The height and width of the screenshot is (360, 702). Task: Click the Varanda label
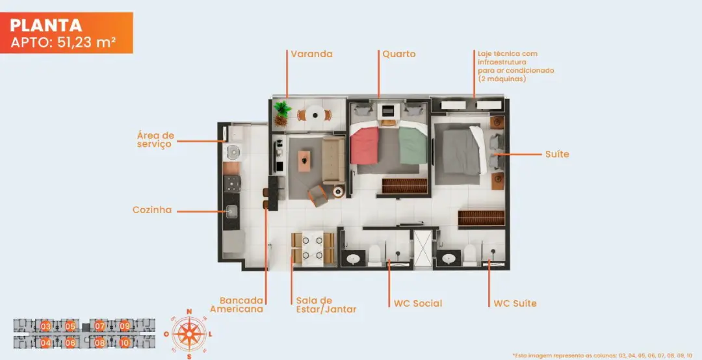(311, 54)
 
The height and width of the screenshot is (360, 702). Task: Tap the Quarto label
(399, 54)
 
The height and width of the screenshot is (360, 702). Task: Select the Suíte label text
(557, 154)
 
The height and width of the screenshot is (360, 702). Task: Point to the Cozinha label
(152, 209)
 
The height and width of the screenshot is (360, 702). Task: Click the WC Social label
(418, 303)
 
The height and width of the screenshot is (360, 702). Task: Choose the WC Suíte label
(515, 303)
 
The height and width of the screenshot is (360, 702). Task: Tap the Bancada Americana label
(237, 305)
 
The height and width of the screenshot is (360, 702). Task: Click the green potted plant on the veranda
(282, 113)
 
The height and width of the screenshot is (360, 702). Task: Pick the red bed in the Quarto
(365, 145)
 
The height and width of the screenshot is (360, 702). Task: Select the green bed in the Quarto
(413, 145)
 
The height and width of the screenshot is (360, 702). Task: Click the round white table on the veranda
(315, 114)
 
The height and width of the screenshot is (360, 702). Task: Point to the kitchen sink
(231, 211)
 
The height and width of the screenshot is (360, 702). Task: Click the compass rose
(189, 333)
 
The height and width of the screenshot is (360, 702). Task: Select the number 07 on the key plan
(99, 326)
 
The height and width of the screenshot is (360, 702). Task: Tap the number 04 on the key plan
(45, 343)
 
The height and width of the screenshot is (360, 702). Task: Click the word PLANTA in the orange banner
(46, 25)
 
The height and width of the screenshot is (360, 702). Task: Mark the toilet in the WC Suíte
(470, 255)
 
